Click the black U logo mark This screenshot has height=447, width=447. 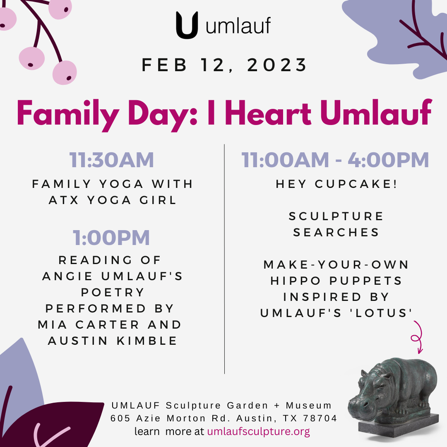pyautogui.click(x=187, y=25)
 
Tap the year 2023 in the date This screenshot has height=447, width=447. pyautogui.click(x=277, y=65)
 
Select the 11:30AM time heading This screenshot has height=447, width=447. pyautogui.click(x=111, y=160)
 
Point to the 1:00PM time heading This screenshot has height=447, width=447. pyautogui.click(x=111, y=238)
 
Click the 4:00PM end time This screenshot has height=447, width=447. pyautogui.click(x=388, y=160)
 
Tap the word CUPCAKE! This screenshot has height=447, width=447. pyautogui.click(x=356, y=184)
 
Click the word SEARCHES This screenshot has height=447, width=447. pyautogui.click(x=336, y=232)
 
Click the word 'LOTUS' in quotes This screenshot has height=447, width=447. pyautogui.click(x=381, y=313)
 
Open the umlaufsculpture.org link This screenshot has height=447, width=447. pyautogui.click(x=259, y=431)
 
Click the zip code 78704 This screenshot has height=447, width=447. pyautogui.click(x=320, y=418)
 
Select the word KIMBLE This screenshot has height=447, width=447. pyautogui.click(x=147, y=341)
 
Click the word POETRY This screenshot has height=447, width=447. pyautogui.click(x=113, y=292)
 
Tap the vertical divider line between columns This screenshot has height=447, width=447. pyautogui.click(x=224, y=259)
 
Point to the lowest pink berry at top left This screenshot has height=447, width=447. pyautogui.click(x=65, y=72)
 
